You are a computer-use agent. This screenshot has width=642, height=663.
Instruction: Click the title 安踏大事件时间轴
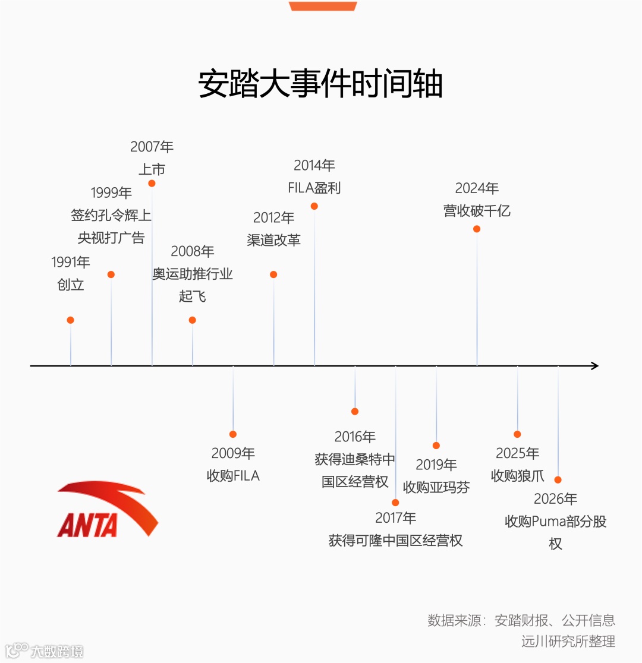pos(320,84)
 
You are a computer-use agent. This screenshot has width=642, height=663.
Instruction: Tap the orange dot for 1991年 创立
pos(70,320)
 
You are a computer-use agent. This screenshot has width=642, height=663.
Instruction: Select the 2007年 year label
pos(152,147)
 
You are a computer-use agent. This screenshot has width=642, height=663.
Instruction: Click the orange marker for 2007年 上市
pos(152,184)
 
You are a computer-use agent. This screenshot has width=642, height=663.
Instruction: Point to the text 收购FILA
pos(233,476)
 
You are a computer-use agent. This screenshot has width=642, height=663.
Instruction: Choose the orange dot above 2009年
pos(233,434)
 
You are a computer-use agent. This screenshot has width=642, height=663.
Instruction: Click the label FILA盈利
pos(314,188)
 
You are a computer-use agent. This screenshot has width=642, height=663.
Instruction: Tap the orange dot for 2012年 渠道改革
pos(273,274)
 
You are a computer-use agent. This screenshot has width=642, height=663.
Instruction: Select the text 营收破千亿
pos(477,211)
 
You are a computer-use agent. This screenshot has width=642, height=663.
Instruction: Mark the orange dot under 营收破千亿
pos(477,229)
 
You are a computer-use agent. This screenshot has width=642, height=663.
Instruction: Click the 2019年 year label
pos(436,465)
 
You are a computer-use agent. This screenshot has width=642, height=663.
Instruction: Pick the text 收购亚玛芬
pos(436,487)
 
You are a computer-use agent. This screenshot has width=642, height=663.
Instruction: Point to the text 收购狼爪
pos(517,476)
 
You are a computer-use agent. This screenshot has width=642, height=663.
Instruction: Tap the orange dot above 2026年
pos(558,479)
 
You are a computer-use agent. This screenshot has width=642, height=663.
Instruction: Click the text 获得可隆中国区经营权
pos(395,541)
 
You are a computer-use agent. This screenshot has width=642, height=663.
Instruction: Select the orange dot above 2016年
pos(355,411)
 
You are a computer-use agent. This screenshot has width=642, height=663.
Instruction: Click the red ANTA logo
pos(108,510)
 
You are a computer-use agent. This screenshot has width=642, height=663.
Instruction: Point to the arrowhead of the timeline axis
pos(594,366)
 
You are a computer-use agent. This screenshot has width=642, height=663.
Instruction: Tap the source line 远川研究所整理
pos(568,642)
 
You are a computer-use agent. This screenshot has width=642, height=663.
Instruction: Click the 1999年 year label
pos(111,192)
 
